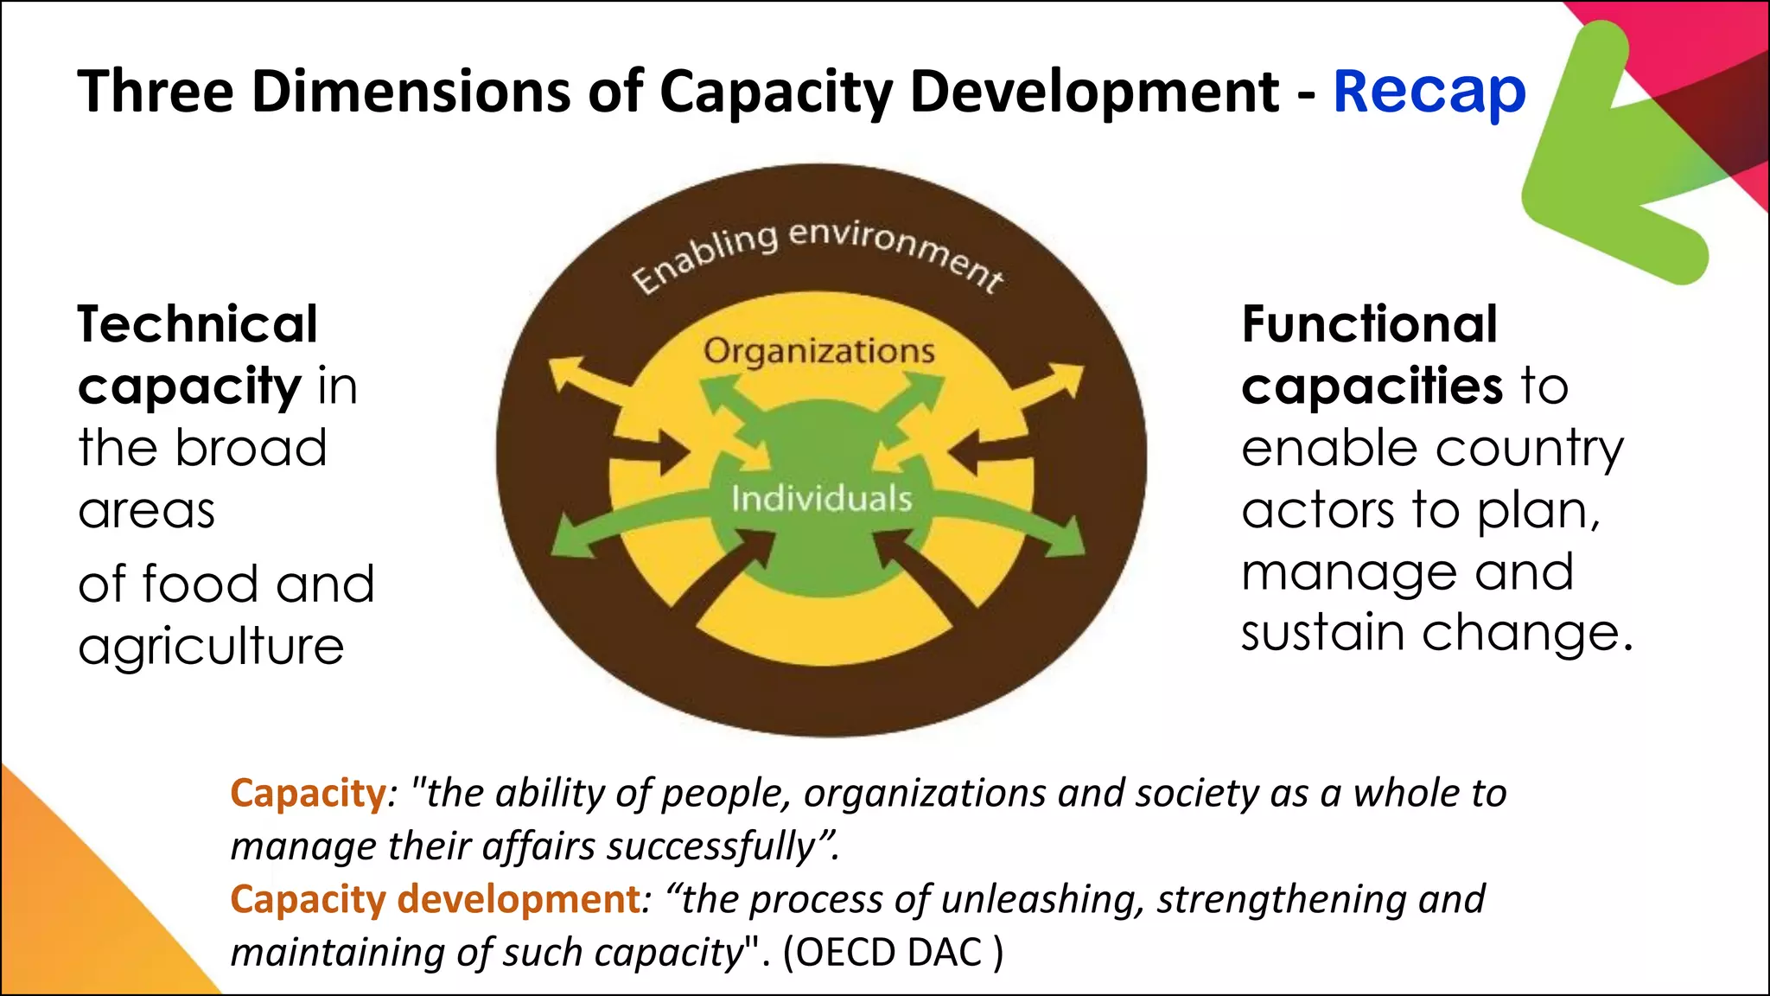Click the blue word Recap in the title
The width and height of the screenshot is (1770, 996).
[1429, 92]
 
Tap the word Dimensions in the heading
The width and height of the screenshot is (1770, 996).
[411, 92]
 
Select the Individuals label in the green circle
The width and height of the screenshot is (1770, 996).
[821, 499]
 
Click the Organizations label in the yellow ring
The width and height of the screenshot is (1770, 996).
[818, 351]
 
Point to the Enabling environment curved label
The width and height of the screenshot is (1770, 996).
[817, 251]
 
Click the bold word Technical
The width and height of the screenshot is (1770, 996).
[198, 324]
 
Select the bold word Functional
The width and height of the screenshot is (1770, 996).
[1369, 324]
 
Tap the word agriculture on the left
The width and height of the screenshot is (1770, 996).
[211, 647]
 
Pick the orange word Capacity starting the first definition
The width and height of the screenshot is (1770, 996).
[308, 793]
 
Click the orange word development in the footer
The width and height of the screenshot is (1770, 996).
[519, 899]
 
